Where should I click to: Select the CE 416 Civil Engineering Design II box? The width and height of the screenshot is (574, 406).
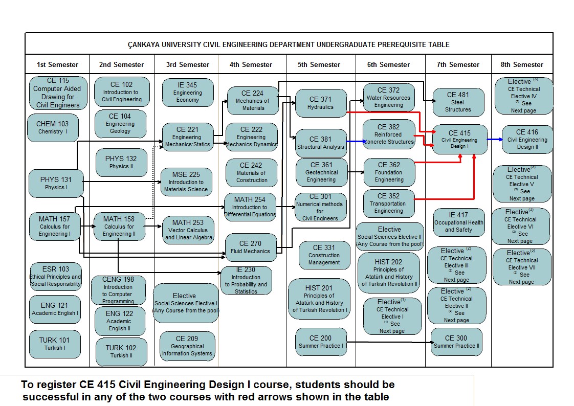click(x=527, y=139)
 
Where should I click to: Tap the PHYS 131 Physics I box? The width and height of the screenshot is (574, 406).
click(x=55, y=183)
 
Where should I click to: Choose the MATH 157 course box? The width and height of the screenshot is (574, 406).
click(x=55, y=226)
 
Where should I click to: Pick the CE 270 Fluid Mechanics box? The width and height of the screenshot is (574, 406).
click(x=250, y=247)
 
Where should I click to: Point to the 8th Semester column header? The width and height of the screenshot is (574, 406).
click(x=521, y=64)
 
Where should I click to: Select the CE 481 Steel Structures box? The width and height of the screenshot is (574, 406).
click(x=458, y=102)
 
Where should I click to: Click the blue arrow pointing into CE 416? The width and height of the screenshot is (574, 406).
click(x=494, y=139)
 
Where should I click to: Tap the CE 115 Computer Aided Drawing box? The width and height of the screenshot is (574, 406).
click(x=58, y=93)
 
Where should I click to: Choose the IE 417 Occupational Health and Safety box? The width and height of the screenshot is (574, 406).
click(x=458, y=222)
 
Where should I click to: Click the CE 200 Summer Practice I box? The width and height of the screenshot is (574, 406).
click(x=321, y=342)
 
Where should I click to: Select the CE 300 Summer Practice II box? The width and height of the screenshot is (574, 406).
click(x=456, y=342)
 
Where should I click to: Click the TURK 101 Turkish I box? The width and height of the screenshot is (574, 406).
click(x=54, y=344)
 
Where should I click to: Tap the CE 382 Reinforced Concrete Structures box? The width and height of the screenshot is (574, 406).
click(x=388, y=134)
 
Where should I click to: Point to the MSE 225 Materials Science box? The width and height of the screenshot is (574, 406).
click(x=186, y=182)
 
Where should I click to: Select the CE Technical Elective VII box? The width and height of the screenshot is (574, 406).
click(x=521, y=267)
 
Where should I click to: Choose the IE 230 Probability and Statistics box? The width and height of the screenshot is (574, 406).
click(x=246, y=280)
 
